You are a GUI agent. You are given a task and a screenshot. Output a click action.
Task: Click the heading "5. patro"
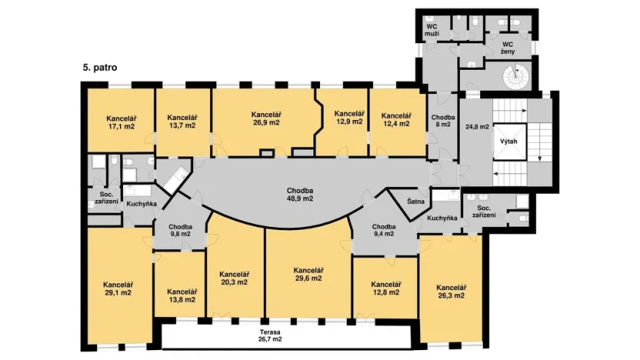point(99,68)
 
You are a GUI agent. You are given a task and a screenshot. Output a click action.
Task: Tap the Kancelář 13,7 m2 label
point(182,122)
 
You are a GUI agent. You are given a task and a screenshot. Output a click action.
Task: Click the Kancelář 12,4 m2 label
point(397,121)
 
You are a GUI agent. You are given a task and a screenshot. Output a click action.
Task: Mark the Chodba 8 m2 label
point(444,122)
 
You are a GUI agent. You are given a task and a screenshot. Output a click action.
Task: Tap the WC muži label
point(432,30)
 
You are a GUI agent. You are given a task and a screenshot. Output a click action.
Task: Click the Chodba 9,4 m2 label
point(383,231)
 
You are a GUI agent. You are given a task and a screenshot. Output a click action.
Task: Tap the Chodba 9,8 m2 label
point(180,231)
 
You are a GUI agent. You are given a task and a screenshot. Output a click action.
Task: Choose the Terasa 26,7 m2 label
point(270,335)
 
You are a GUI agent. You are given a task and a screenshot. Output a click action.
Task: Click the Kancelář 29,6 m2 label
point(308,275)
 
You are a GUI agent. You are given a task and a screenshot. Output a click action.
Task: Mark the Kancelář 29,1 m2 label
point(118,288)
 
